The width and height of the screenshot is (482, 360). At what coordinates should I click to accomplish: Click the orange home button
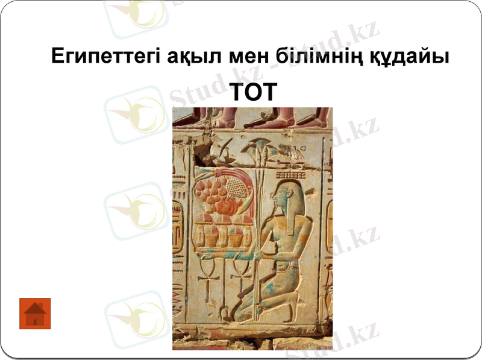click(35, 313)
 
